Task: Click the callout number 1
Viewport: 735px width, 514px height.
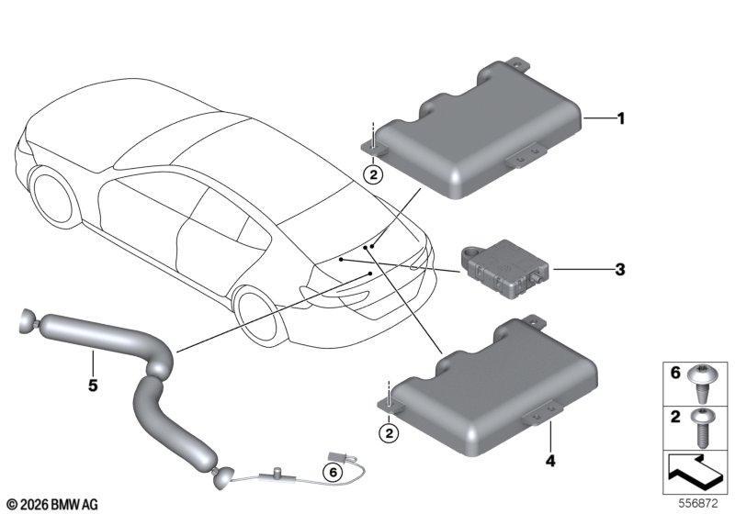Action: (x=621, y=119)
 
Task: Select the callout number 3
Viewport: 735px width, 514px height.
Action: (x=620, y=270)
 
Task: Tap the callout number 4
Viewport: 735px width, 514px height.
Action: (x=550, y=461)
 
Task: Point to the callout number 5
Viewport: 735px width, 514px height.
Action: (x=93, y=385)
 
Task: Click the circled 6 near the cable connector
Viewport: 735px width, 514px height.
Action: (x=333, y=473)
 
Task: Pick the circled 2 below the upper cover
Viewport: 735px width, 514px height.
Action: (x=373, y=175)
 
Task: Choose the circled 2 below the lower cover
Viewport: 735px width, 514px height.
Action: (x=389, y=433)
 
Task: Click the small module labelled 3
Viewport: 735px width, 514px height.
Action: (x=504, y=269)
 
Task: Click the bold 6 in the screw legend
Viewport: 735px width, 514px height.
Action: (x=675, y=373)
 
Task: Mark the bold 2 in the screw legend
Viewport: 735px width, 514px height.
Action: (x=675, y=417)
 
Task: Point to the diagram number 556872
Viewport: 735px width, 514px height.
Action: (x=698, y=504)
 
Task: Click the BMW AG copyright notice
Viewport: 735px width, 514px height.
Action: (x=53, y=505)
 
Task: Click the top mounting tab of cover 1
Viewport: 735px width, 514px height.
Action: (x=518, y=64)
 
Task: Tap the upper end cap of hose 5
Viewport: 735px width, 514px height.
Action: (x=27, y=321)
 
